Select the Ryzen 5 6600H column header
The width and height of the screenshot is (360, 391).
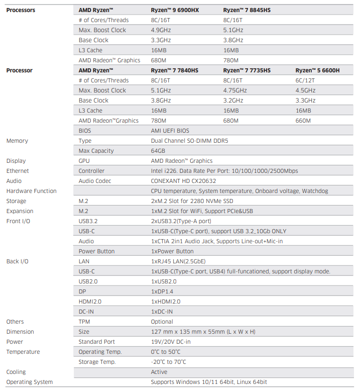coord(317,70)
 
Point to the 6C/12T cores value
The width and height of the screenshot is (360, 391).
coord(305,80)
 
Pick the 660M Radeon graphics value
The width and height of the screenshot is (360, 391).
coord(303,121)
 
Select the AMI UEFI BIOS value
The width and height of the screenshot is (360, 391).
coord(170,131)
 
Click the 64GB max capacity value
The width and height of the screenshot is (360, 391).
coord(158,151)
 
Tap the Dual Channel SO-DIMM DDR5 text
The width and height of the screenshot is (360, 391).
coord(189,141)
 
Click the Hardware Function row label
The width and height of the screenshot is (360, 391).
coord(31,191)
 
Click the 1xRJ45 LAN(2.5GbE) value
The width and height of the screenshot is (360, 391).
coord(178,261)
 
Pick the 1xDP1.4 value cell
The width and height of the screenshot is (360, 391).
coord(162,291)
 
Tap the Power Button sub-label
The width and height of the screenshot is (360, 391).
coord(96,251)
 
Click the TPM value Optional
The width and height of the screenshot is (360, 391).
coord(162,322)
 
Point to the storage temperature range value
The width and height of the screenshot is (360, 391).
coord(168,362)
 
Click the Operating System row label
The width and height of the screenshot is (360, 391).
coord(29,382)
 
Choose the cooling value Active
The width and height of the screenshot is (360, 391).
coord(159,372)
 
